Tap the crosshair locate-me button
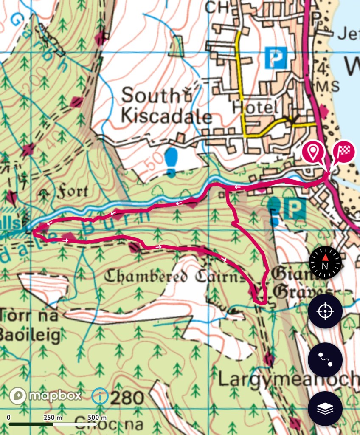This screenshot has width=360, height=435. point(325,311)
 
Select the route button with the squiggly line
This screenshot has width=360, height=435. point(325,360)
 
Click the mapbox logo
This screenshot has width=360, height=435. point(45,396)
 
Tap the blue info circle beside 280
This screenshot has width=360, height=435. point(100,397)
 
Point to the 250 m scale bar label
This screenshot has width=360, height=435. point(53,418)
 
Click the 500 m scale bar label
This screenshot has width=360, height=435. point(97,418)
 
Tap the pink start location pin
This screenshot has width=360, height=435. point(313,152)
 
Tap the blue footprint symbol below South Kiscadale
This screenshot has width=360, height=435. point(171,162)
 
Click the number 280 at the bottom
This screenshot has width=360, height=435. point(126,398)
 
